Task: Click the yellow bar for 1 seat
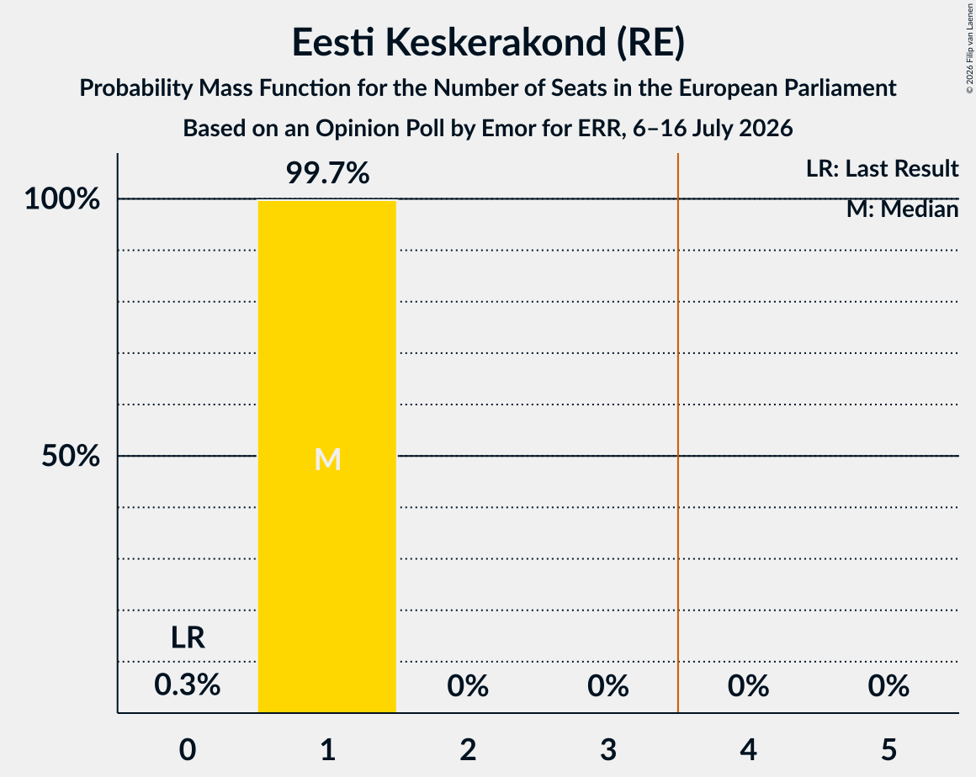click(x=327, y=457)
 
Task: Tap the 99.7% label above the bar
click(x=327, y=173)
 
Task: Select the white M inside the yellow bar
click(x=327, y=460)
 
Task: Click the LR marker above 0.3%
click(x=188, y=637)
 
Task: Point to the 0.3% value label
click(x=188, y=685)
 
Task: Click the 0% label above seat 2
click(x=468, y=685)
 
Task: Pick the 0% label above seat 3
click(x=608, y=685)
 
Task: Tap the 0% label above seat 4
click(x=749, y=685)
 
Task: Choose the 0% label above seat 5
click(x=888, y=685)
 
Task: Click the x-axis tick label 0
click(x=188, y=749)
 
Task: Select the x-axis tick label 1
click(x=328, y=749)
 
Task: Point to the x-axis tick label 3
click(x=608, y=749)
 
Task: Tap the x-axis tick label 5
click(x=888, y=749)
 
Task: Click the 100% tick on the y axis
click(x=62, y=199)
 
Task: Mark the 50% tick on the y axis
click(x=71, y=456)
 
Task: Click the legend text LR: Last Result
click(x=882, y=168)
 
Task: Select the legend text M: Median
click(x=902, y=209)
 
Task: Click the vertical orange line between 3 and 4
click(x=678, y=433)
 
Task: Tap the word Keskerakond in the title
click(x=496, y=42)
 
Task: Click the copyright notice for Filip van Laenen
click(x=970, y=49)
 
